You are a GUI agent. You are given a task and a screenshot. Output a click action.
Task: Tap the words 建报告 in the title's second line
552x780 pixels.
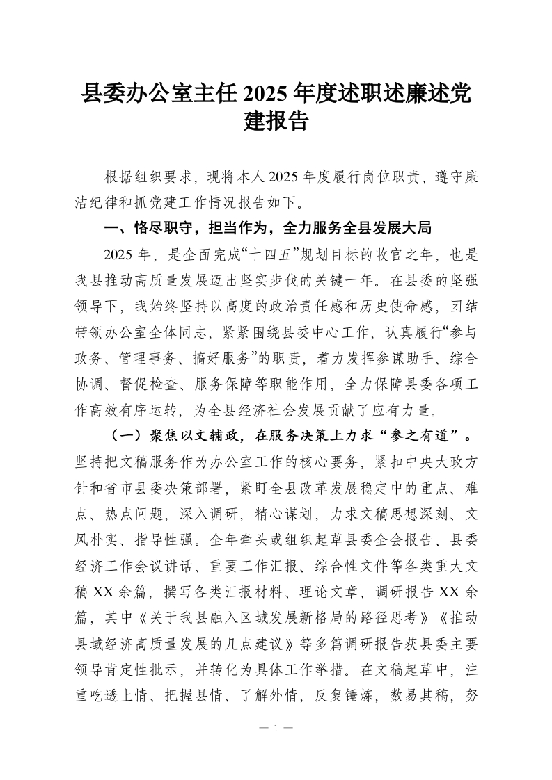click(x=276, y=123)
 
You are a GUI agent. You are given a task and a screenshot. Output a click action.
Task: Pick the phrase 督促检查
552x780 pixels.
click(x=156, y=384)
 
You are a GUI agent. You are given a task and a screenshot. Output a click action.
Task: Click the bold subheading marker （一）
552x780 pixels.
click(x=126, y=435)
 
